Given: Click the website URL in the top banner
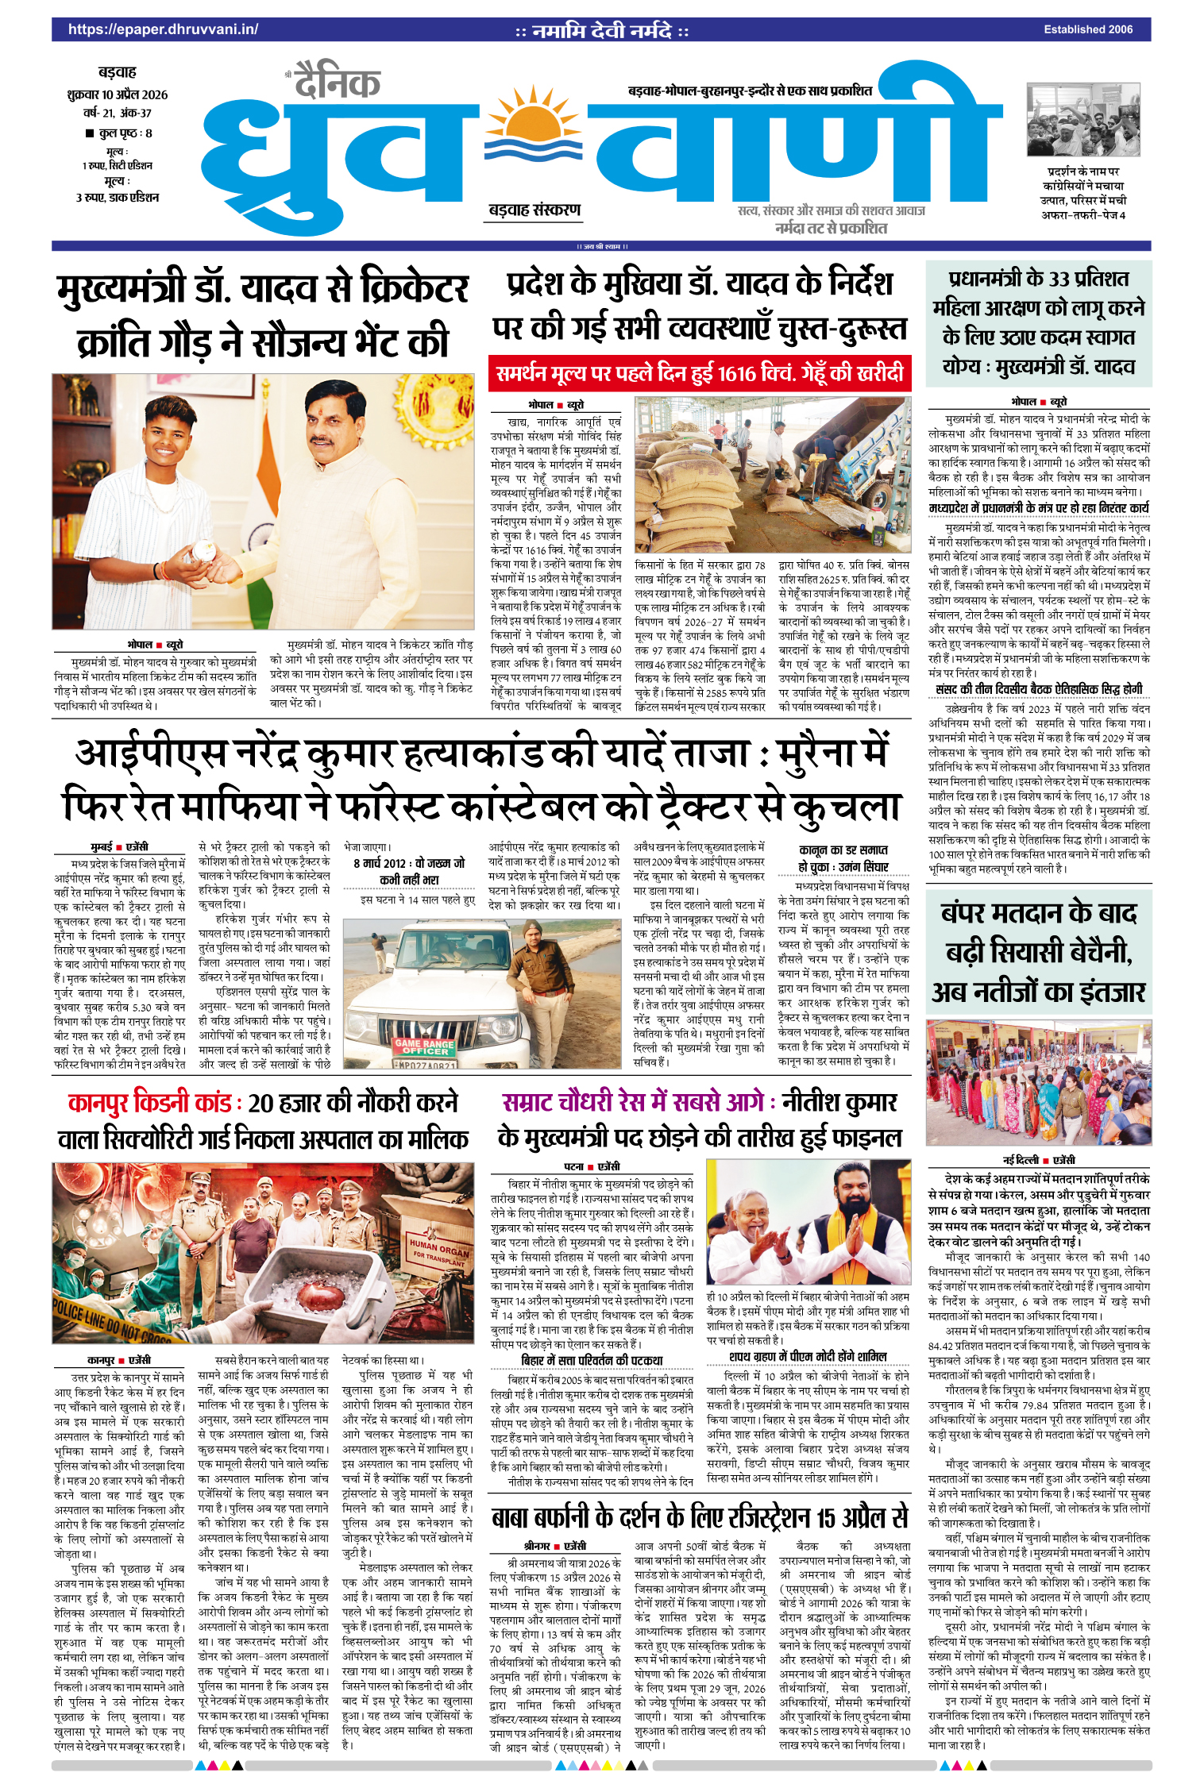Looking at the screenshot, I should coord(163,29).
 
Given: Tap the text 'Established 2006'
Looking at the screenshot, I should coord(1088,29).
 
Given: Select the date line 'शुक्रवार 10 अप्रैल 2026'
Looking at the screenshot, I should coord(118,94).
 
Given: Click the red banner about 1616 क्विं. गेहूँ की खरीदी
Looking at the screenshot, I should coord(700,373).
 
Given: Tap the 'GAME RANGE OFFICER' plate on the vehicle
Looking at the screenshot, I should coord(424,1046).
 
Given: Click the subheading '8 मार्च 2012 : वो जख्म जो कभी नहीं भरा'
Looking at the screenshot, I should coord(409,871).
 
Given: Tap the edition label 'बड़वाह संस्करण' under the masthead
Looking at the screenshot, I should coord(534,210).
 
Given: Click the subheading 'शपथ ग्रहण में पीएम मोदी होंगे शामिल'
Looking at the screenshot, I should coord(808,1356).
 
